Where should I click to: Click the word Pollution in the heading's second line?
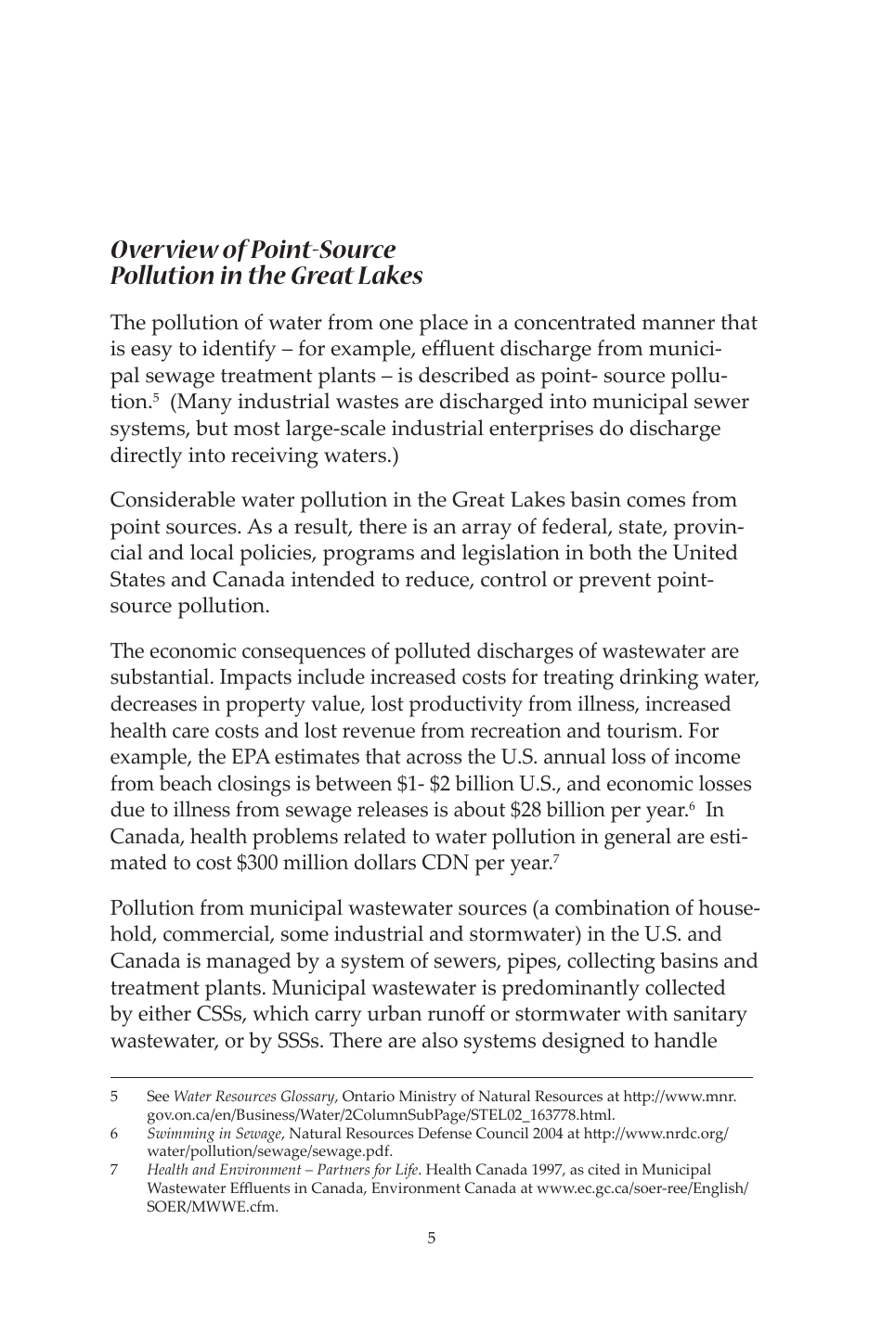tap(154, 276)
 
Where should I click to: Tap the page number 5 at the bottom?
tap(431, 1238)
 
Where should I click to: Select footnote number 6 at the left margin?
tap(114, 1134)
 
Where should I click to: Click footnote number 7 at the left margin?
tap(114, 1170)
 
